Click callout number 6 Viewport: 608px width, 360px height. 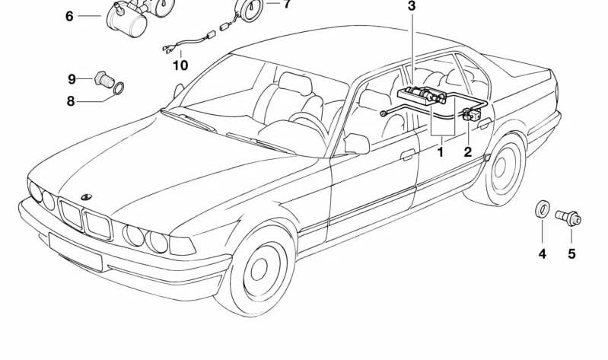pos(69,17)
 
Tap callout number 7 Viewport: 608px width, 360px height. pos(286,5)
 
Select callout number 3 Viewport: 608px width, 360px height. pos(412,6)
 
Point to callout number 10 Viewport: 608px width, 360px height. pos(180,65)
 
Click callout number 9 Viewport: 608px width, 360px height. pos(72,79)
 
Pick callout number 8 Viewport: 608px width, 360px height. pos(70,101)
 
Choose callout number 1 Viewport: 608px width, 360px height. pos(440,151)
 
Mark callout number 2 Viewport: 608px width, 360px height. pos(468,151)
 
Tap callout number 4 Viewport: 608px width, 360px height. pos(542,254)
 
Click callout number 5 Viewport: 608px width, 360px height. pos(571,254)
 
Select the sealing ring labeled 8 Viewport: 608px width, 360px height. pos(119,88)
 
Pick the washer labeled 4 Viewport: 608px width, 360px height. pos(541,209)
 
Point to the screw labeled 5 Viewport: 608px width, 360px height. pos(568,218)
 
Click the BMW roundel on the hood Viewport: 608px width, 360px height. pos(87,197)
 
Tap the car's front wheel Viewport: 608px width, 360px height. pos(258,270)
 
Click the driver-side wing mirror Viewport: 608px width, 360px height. pos(356,144)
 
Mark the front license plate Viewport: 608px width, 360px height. pos(75,252)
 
